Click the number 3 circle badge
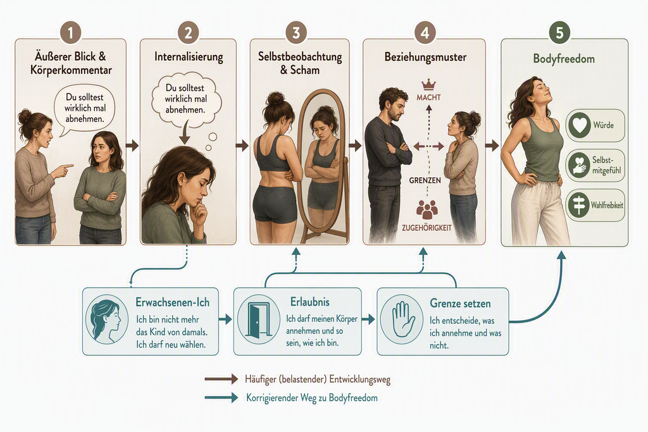pos(296,33)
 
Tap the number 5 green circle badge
pos(559,33)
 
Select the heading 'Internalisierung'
pos(189,57)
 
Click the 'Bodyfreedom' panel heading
pos(564,59)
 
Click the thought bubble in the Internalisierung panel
pos(186,99)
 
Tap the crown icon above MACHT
pos(428,85)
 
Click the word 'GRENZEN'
pos(425,180)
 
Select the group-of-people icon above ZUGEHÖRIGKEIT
pos(427,209)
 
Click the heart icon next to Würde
pos(580,125)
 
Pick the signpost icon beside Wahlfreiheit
pos(578,205)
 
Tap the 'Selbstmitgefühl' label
pos(606,165)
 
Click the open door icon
pos(258,319)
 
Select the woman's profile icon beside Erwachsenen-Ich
pos(106,321)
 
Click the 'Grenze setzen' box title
pos(460,304)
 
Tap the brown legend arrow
pos(221,379)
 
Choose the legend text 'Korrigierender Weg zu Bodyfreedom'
pos(311,398)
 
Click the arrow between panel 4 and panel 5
pos(492,145)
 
